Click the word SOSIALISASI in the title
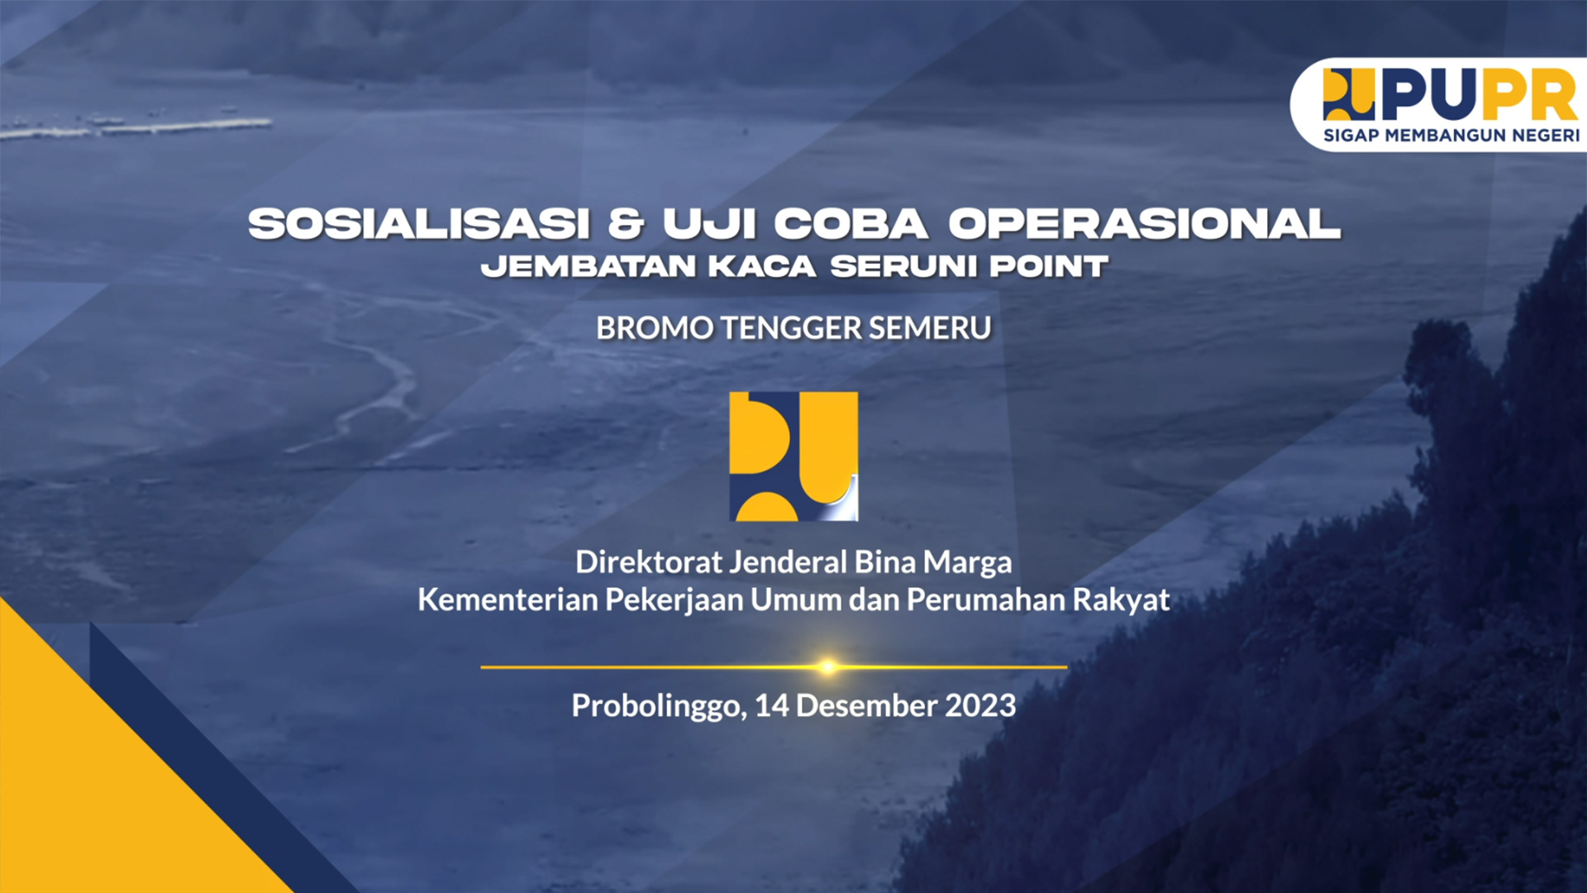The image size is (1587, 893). [420, 223]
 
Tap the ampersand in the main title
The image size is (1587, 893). [627, 223]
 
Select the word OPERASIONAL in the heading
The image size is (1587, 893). [1144, 223]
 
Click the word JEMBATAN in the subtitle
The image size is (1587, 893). [589, 266]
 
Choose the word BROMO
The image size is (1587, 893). [655, 328]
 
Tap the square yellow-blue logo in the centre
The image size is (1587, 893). [793, 456]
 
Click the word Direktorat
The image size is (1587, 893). [649, 562]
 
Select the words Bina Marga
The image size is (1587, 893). [933, 562]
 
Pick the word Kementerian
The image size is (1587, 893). [508, 599]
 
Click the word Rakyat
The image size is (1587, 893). [1121, 599]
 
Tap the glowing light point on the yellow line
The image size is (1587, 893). [827, 666]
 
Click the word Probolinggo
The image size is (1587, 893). [659, 706]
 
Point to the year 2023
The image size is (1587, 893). [980, 705]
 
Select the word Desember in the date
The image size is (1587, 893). [866, 705]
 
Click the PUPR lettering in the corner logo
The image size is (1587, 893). [1480, 94]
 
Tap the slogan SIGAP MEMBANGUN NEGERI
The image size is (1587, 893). [1451, 136]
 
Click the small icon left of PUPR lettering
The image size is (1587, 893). [1349, 94]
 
